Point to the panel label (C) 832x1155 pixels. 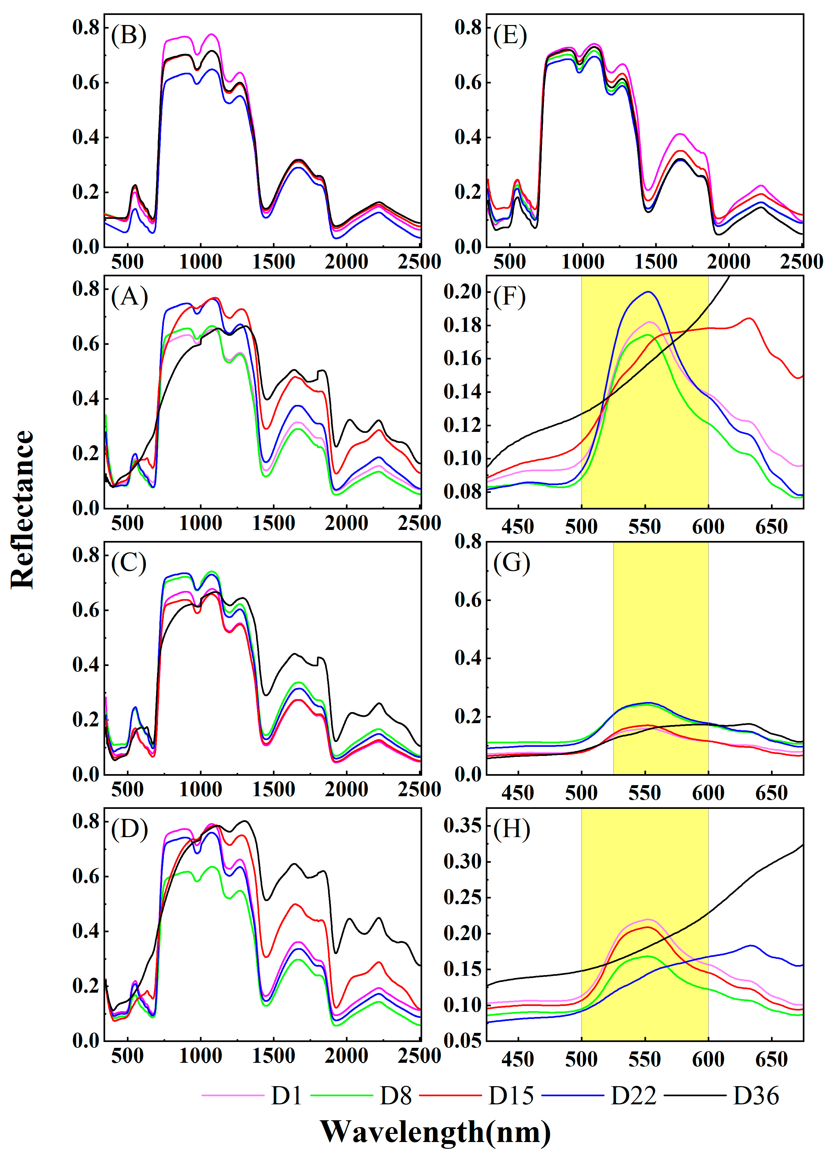129,563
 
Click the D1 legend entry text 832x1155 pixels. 287,1095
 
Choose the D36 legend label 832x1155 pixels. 756,1095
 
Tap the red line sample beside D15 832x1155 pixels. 450,1095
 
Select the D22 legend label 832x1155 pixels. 633,1095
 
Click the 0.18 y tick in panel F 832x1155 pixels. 462,325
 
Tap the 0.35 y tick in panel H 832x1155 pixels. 462,825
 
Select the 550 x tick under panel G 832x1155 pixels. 645,793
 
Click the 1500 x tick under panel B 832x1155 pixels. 274,262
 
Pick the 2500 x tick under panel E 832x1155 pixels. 801,262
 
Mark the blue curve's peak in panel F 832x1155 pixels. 648,292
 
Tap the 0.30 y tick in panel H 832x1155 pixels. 462,862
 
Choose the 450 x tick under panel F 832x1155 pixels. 518,527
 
